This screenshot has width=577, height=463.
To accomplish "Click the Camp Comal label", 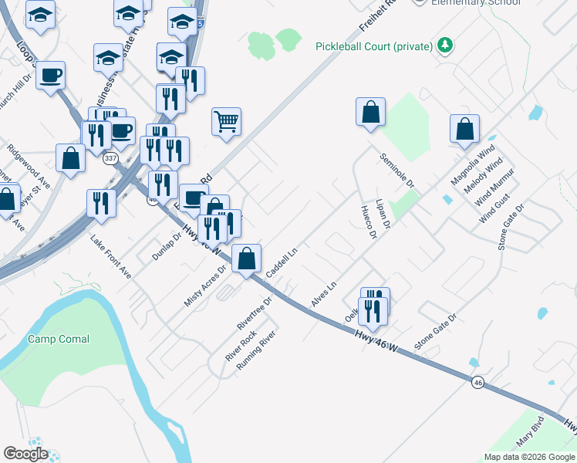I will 59,339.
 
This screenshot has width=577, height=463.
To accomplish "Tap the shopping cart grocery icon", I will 226,121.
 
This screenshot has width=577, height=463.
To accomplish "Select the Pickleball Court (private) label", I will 373,46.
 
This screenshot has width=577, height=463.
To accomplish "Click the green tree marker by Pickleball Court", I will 444,46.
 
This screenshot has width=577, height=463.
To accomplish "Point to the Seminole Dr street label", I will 397,171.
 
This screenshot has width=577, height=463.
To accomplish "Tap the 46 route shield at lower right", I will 478,383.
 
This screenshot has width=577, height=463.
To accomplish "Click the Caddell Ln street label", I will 282,264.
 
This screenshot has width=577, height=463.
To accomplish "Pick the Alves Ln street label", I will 324,296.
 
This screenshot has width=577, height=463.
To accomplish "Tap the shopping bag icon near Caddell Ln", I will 246,259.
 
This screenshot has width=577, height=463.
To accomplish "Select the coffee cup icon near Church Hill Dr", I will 50,75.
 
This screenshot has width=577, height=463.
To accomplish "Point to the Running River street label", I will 256,351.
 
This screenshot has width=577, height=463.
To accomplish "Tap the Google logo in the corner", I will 25,454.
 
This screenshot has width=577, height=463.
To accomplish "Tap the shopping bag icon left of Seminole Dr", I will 370,111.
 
